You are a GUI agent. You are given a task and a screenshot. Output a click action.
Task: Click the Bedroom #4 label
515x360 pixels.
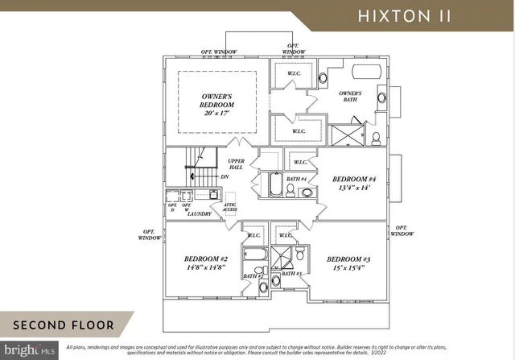tap(354, 179)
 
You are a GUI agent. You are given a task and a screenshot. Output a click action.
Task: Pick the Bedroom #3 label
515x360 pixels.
tap(348, 259)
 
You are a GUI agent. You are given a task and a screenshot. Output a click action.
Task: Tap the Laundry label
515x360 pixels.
tap(199, 213)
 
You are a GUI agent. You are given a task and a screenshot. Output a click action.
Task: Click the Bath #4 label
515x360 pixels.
tap(297, 179)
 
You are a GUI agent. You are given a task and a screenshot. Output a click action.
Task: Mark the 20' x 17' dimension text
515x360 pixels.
tap(217, 114)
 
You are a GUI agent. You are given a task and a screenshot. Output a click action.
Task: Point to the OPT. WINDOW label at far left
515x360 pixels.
tap(149, 234)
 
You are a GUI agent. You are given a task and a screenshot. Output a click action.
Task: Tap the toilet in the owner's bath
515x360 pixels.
tap(376, 138)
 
